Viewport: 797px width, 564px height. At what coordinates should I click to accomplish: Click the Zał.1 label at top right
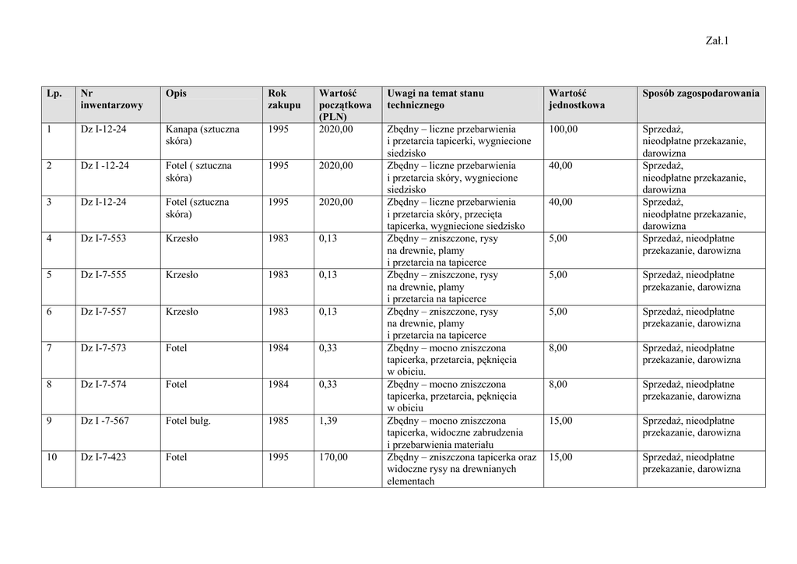pyautogui.click(x=715, y=42)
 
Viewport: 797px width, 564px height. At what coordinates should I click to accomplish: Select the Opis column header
pyautogui.click(x=176, y=93)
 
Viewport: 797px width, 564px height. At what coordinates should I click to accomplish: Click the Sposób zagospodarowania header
pyautogui.click(x=700, y=93)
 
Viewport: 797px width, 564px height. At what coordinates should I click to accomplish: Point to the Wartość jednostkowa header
pyautogui.click(x=576, y=99)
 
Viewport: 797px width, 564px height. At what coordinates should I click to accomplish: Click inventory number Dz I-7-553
pyautogui.click(x=104, y=238)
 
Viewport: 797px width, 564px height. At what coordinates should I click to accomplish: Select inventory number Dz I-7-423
pyautogui.click(x=104, y=457)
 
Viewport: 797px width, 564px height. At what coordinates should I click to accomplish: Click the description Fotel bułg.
pyautogui.click(x=188, y=421)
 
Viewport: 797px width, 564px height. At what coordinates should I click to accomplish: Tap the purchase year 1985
pyautogui.click(x=278, y=421)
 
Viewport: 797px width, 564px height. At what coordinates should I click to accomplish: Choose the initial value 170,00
pyautogui.click(x=333, y=457)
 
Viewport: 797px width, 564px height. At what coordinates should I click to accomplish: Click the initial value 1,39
pyautogui.click(x=328, y=421)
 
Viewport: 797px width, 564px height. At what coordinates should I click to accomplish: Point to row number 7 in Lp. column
pyautogui.click(x=49, y=347)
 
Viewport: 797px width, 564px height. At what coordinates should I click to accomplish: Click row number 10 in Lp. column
pyautogui.click(x=51, y=457)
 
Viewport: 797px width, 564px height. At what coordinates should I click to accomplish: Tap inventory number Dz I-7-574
pyautogui.click(x=104, y=384)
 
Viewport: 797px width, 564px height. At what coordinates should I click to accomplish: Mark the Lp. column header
pyautogui.click(x=54, y=93)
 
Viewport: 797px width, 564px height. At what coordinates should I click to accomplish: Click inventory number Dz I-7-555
pyautogui.click(x=104, y=275)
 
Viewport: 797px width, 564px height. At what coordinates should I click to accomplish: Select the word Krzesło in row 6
pyautogui.click(x=182, y=312)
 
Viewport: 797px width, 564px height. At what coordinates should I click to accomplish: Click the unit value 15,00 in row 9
pyautogui.click(x=560, y=421)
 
